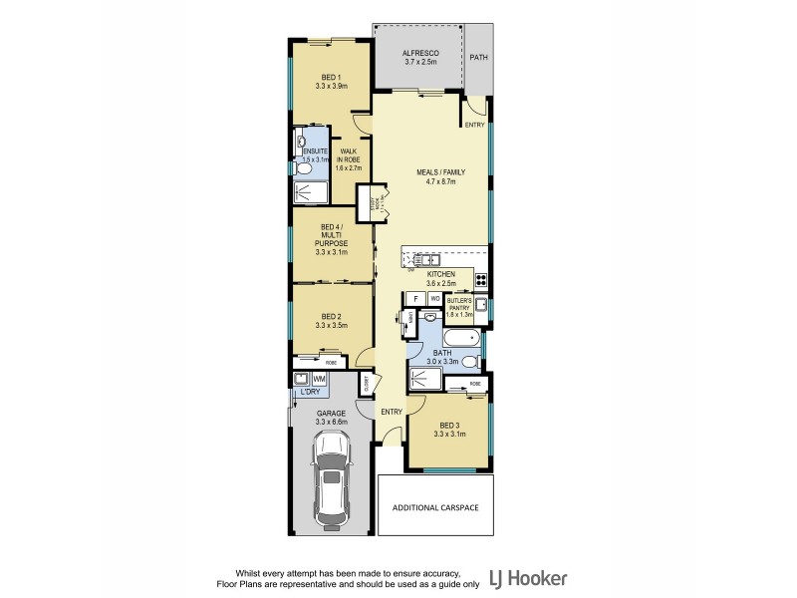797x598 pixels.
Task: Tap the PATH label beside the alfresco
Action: pos(479,58)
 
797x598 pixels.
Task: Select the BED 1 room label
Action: pos(331,78)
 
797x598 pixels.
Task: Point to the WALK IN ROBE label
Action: pos(348,159)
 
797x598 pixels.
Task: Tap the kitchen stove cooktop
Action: pos(480,279)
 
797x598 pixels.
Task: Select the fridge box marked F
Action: pos(415,298)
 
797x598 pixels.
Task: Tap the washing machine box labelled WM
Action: pos(319,380)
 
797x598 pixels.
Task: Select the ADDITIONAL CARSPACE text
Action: pos(435,507)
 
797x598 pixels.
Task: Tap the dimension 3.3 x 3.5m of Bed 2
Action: pos(331,325)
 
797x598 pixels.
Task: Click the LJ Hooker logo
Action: pos(527,578)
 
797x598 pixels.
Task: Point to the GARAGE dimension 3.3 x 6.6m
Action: pos(331,422)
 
